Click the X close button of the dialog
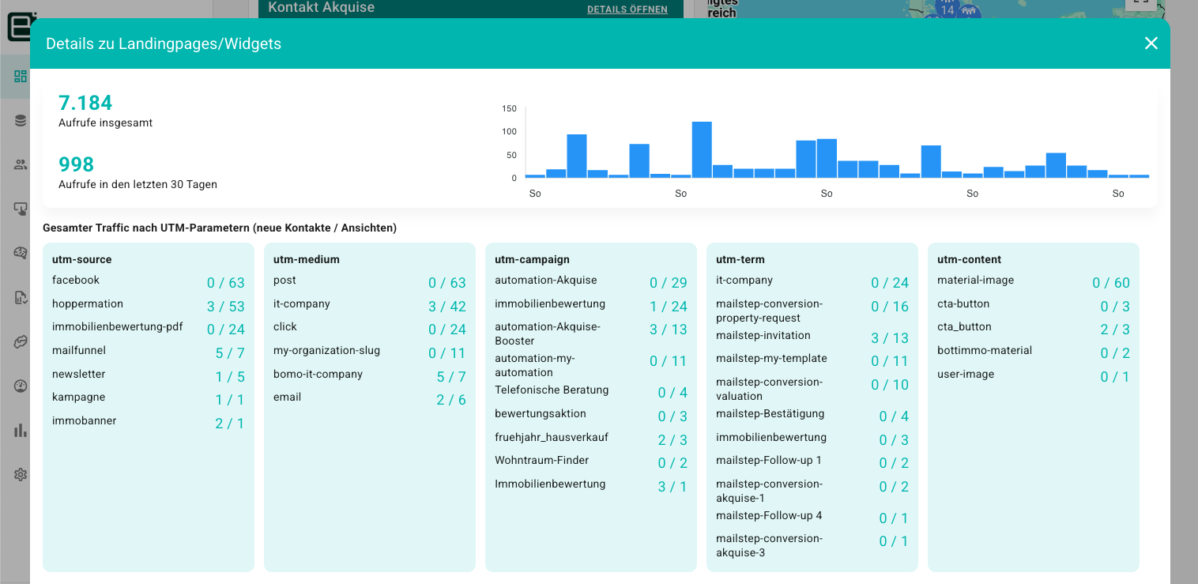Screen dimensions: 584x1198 click(1151, 43)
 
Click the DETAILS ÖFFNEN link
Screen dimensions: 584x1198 click(627, 9)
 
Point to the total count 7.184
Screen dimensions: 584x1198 click(85, 103)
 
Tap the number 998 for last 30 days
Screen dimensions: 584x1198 click(76, 164)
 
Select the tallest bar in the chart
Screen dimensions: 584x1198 click(702, 149)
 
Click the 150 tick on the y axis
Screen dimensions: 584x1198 click(509, 108)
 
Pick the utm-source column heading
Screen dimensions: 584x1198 click(82, 259)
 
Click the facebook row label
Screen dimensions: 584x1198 click(76, 281)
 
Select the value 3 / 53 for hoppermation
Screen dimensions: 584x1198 click(226, 307)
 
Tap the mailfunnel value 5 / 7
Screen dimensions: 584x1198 click(230, 353)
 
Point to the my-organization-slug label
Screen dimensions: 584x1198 click(326, 351)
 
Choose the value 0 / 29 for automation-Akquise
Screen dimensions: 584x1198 click(669, 283)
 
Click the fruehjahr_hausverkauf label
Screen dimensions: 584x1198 click(552, 437)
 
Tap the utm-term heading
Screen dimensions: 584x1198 click(740, 259)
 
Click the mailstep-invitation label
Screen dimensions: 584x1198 click(763, 336)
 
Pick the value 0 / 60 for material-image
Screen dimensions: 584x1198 click(1111, 283)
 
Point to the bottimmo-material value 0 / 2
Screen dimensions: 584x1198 click(1115, 353)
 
